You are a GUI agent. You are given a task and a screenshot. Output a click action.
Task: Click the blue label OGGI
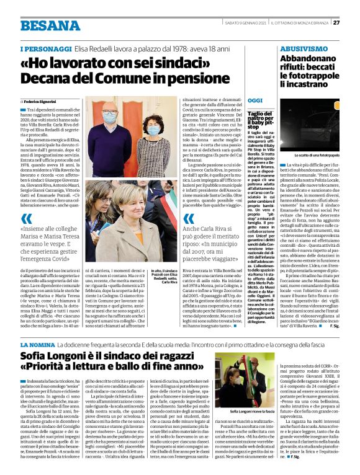click(255, 100)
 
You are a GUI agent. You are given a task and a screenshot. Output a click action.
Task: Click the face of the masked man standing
click(110, 115)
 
